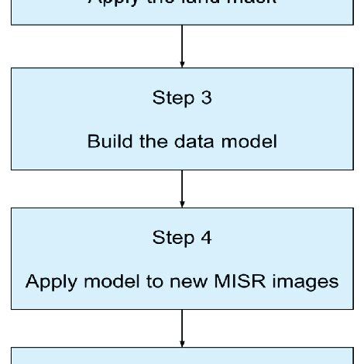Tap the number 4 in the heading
[x=207, y=239]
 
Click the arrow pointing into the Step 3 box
[x=181, y=46]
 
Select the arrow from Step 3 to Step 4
[x=181, y=189]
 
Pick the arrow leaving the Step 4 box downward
[x=181, y=328]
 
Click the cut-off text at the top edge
[x=181, y=3]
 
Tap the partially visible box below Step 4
[x=181, y=356]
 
